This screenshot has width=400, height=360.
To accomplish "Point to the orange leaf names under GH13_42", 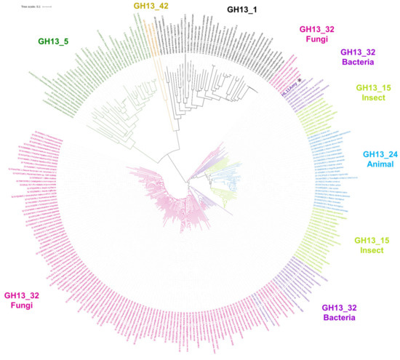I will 152,36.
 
